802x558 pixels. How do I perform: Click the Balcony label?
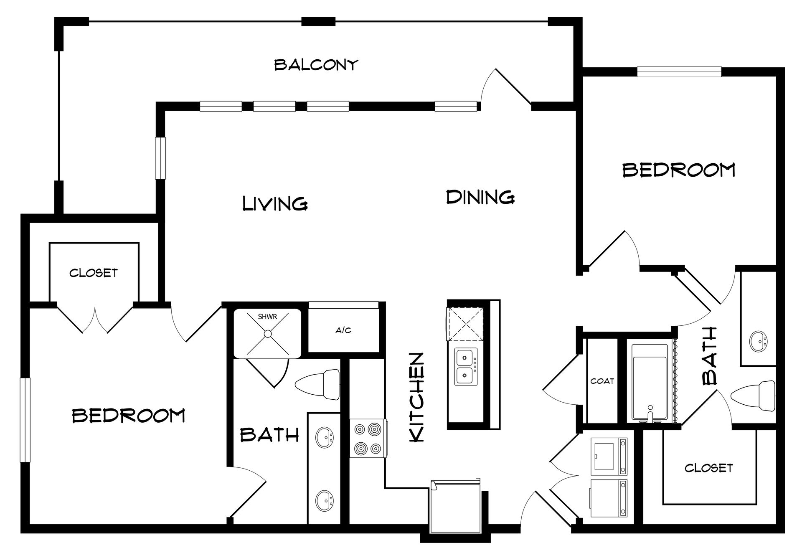coord(316,65)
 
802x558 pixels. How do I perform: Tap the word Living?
coord(275,203)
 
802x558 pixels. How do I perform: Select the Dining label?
coord(480,197)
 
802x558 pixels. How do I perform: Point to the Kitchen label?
coord(417,397)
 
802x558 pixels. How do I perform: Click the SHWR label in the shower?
coord(268,317)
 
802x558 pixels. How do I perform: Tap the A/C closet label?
coord(343,330)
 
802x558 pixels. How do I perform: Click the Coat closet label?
coord(602,381)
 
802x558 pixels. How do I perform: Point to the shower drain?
coord(267,333)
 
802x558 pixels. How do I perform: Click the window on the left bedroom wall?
coord(25,420)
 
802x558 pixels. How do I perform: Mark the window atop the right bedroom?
coord(679,72)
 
